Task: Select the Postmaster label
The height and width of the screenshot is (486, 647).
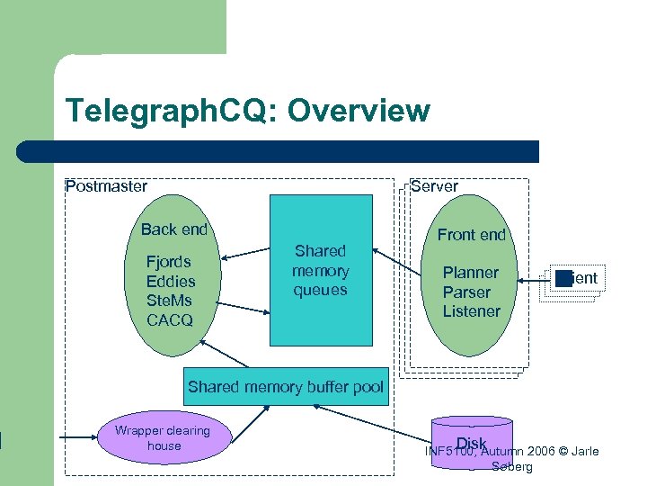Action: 106,186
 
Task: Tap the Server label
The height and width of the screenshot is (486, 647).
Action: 434,186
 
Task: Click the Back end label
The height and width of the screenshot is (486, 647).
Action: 173,229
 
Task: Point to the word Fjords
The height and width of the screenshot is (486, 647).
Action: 169,262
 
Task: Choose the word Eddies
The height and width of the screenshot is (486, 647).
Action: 171,282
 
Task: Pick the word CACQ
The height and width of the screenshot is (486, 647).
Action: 170,320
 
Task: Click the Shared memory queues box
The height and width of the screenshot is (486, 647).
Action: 321,270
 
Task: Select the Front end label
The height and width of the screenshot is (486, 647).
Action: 472,235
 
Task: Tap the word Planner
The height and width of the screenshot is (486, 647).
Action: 470,273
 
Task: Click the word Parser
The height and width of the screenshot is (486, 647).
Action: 466,292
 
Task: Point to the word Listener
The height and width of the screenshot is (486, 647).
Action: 471,311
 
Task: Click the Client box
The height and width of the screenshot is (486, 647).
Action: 575,278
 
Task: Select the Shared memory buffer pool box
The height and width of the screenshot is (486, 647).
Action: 286,387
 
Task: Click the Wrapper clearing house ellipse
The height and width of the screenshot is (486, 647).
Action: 164,438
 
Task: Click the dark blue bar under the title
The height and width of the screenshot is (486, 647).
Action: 279,151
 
